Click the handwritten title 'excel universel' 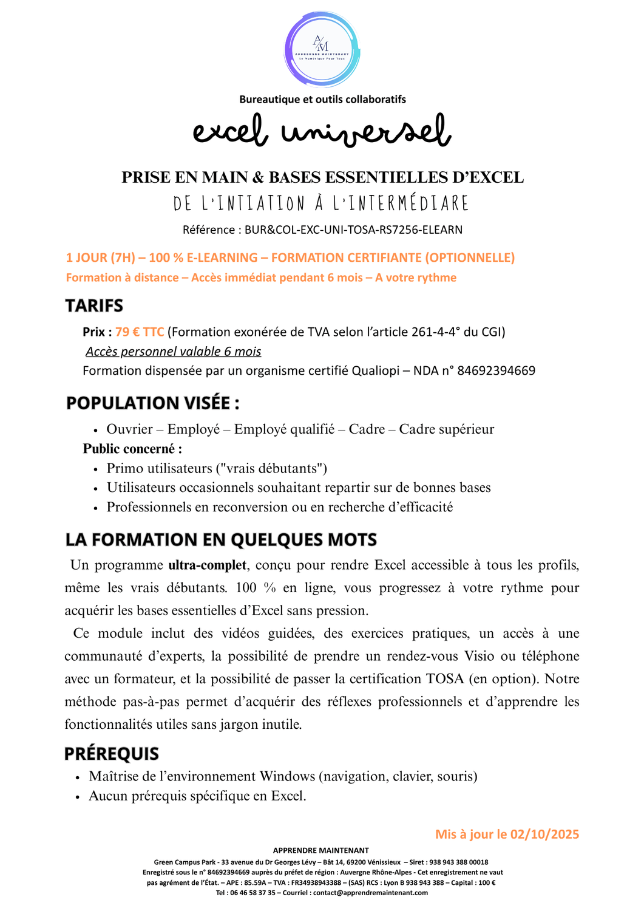(x=322, y=131)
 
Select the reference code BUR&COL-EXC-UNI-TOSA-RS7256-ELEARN (x=354, y=230)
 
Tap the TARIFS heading (x=94, y=305)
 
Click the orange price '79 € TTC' (x=140, y=332)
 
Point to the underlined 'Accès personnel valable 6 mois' (x=174, y=352)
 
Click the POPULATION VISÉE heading (x=152, y=403)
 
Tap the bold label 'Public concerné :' (x=132, y=449)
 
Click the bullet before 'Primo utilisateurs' (x=95, y=469)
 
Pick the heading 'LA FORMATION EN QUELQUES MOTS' (x=221, y=539)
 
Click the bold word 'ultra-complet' (x=207, y=565)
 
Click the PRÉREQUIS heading (x=112, y=754)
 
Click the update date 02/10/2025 (x=544, y=834)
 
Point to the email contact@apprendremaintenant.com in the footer (x=370, y=893)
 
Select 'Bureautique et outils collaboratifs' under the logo (x=322, y=99)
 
